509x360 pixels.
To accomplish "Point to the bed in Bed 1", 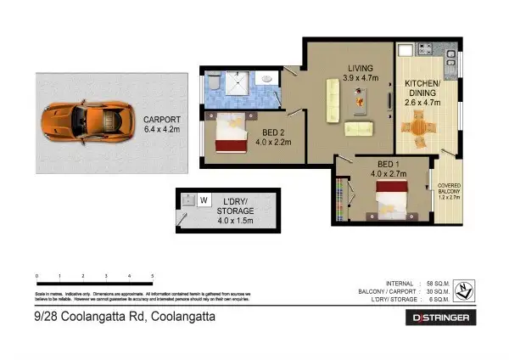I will (x=392, y=202).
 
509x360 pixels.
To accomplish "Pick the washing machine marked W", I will (x=204, y=200).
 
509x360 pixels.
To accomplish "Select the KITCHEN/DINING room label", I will (x=422, y=90).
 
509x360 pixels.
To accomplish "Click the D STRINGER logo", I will (x=444, y=317).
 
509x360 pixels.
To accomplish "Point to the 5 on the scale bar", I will (x=152, y=277).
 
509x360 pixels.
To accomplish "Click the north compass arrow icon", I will (x=465, y=291).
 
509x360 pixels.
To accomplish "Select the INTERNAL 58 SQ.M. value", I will (x=439, y=284).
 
